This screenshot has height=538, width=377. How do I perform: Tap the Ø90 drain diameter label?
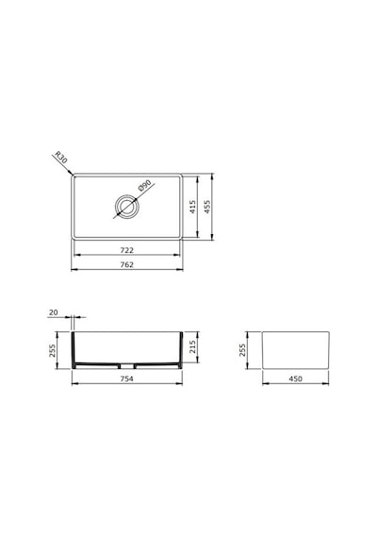[145, 185]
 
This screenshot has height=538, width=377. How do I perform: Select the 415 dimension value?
[193, 207]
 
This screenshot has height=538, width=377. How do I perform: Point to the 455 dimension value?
[207, 207]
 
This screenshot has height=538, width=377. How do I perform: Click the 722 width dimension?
[127, 250]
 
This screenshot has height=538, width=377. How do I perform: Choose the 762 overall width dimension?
[127, 265]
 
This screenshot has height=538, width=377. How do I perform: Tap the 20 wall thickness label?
[54, 312]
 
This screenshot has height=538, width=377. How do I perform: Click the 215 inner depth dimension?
[192, 347]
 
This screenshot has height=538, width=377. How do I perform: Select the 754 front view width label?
[127, 378]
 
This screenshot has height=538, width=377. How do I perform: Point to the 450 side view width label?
[295, 378]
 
